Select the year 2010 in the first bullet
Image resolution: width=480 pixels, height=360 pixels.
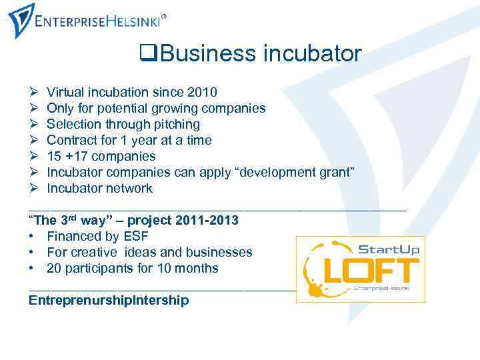203,92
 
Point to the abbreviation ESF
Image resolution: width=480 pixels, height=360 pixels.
136,236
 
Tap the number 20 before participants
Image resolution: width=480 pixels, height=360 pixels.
54,268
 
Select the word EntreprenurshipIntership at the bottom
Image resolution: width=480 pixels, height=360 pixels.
109,300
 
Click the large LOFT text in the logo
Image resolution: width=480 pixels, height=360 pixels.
371,270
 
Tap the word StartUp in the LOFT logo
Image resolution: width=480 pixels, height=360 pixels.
389,249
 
